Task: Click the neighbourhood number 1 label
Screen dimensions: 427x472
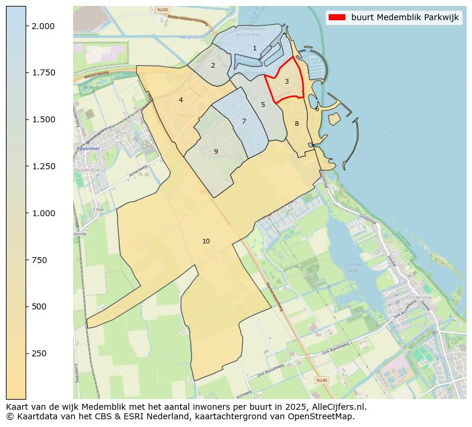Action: click(x=254, y=49)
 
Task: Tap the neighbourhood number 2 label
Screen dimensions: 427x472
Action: click(x=213, y=65)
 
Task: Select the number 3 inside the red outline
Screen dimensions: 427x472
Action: click(x=287, y=81)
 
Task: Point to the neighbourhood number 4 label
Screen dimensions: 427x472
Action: click(x=181, y=100)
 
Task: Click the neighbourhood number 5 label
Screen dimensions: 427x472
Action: click(x=263, y=105)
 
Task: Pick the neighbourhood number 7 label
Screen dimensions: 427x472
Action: click(x=244, y=121)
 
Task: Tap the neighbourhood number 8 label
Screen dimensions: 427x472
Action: click(x=297, y=124)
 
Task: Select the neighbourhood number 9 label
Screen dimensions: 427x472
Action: click(x=216, y=151)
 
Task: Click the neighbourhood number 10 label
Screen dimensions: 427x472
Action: click(x=206, y=241)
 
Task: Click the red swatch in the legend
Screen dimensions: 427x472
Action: click(x=336, y=17)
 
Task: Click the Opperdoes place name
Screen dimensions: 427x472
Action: click(x=89, y=148)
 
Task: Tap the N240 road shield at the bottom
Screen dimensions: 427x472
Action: click(x=321, y=380)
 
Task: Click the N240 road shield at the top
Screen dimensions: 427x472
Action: click(x=163, y=10)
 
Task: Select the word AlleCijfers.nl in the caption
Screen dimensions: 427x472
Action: click(x=336, y=407)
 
